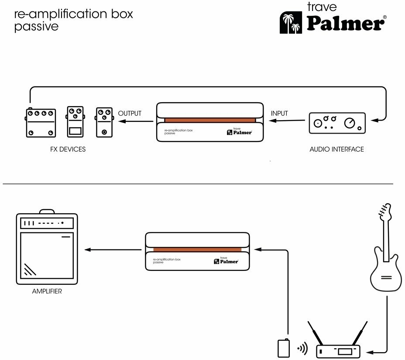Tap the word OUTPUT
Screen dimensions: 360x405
[130, 114]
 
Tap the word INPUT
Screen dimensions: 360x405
[279, 114]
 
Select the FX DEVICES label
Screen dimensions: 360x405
[68, 149]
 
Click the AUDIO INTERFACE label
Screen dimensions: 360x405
[336, 149]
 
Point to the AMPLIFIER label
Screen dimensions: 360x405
[47, 291]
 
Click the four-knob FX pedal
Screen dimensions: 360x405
[41, 122]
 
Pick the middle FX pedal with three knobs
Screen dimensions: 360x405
[76, 122]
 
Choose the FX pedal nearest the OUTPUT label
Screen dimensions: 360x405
[104, 122]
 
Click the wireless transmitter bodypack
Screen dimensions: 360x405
[283, 348]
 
